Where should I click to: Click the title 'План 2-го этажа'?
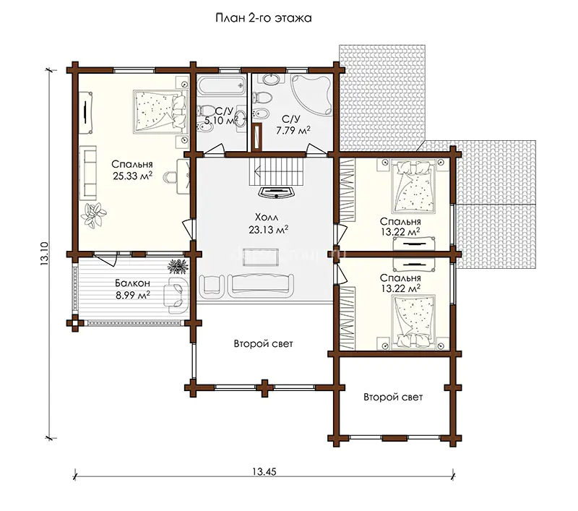click(x=264, y=17)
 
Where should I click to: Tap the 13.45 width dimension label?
click(x=264, y=471)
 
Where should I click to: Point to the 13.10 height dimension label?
click(x=44, y=254)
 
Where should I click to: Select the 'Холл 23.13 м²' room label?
click(x=268, y=223)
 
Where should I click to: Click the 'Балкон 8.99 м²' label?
click(x=132, y=289)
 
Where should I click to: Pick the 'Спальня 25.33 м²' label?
click(x=132, y=170)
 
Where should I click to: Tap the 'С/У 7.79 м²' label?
click(x=293, y=124)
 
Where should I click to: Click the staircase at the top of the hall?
click(x=277, y=172)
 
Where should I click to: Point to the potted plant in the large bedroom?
click(x=94, y=214)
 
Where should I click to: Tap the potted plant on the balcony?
click(x=178, y=266)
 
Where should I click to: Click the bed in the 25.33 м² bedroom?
click(x=160, y=112)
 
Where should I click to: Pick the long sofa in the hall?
click(x=261, y=285)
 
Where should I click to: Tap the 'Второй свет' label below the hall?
click(x=264, y=344)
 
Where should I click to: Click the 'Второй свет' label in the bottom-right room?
click(x=393, y=397)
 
